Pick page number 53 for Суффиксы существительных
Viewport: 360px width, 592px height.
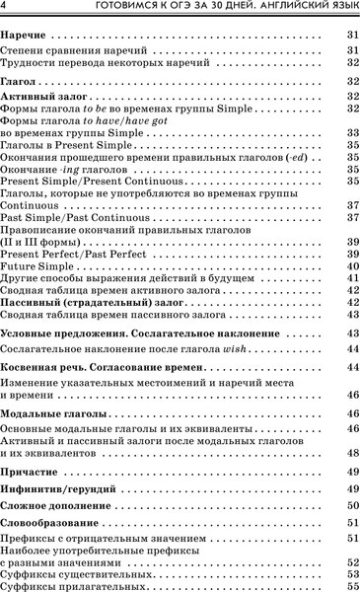(x=351, y=573)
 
